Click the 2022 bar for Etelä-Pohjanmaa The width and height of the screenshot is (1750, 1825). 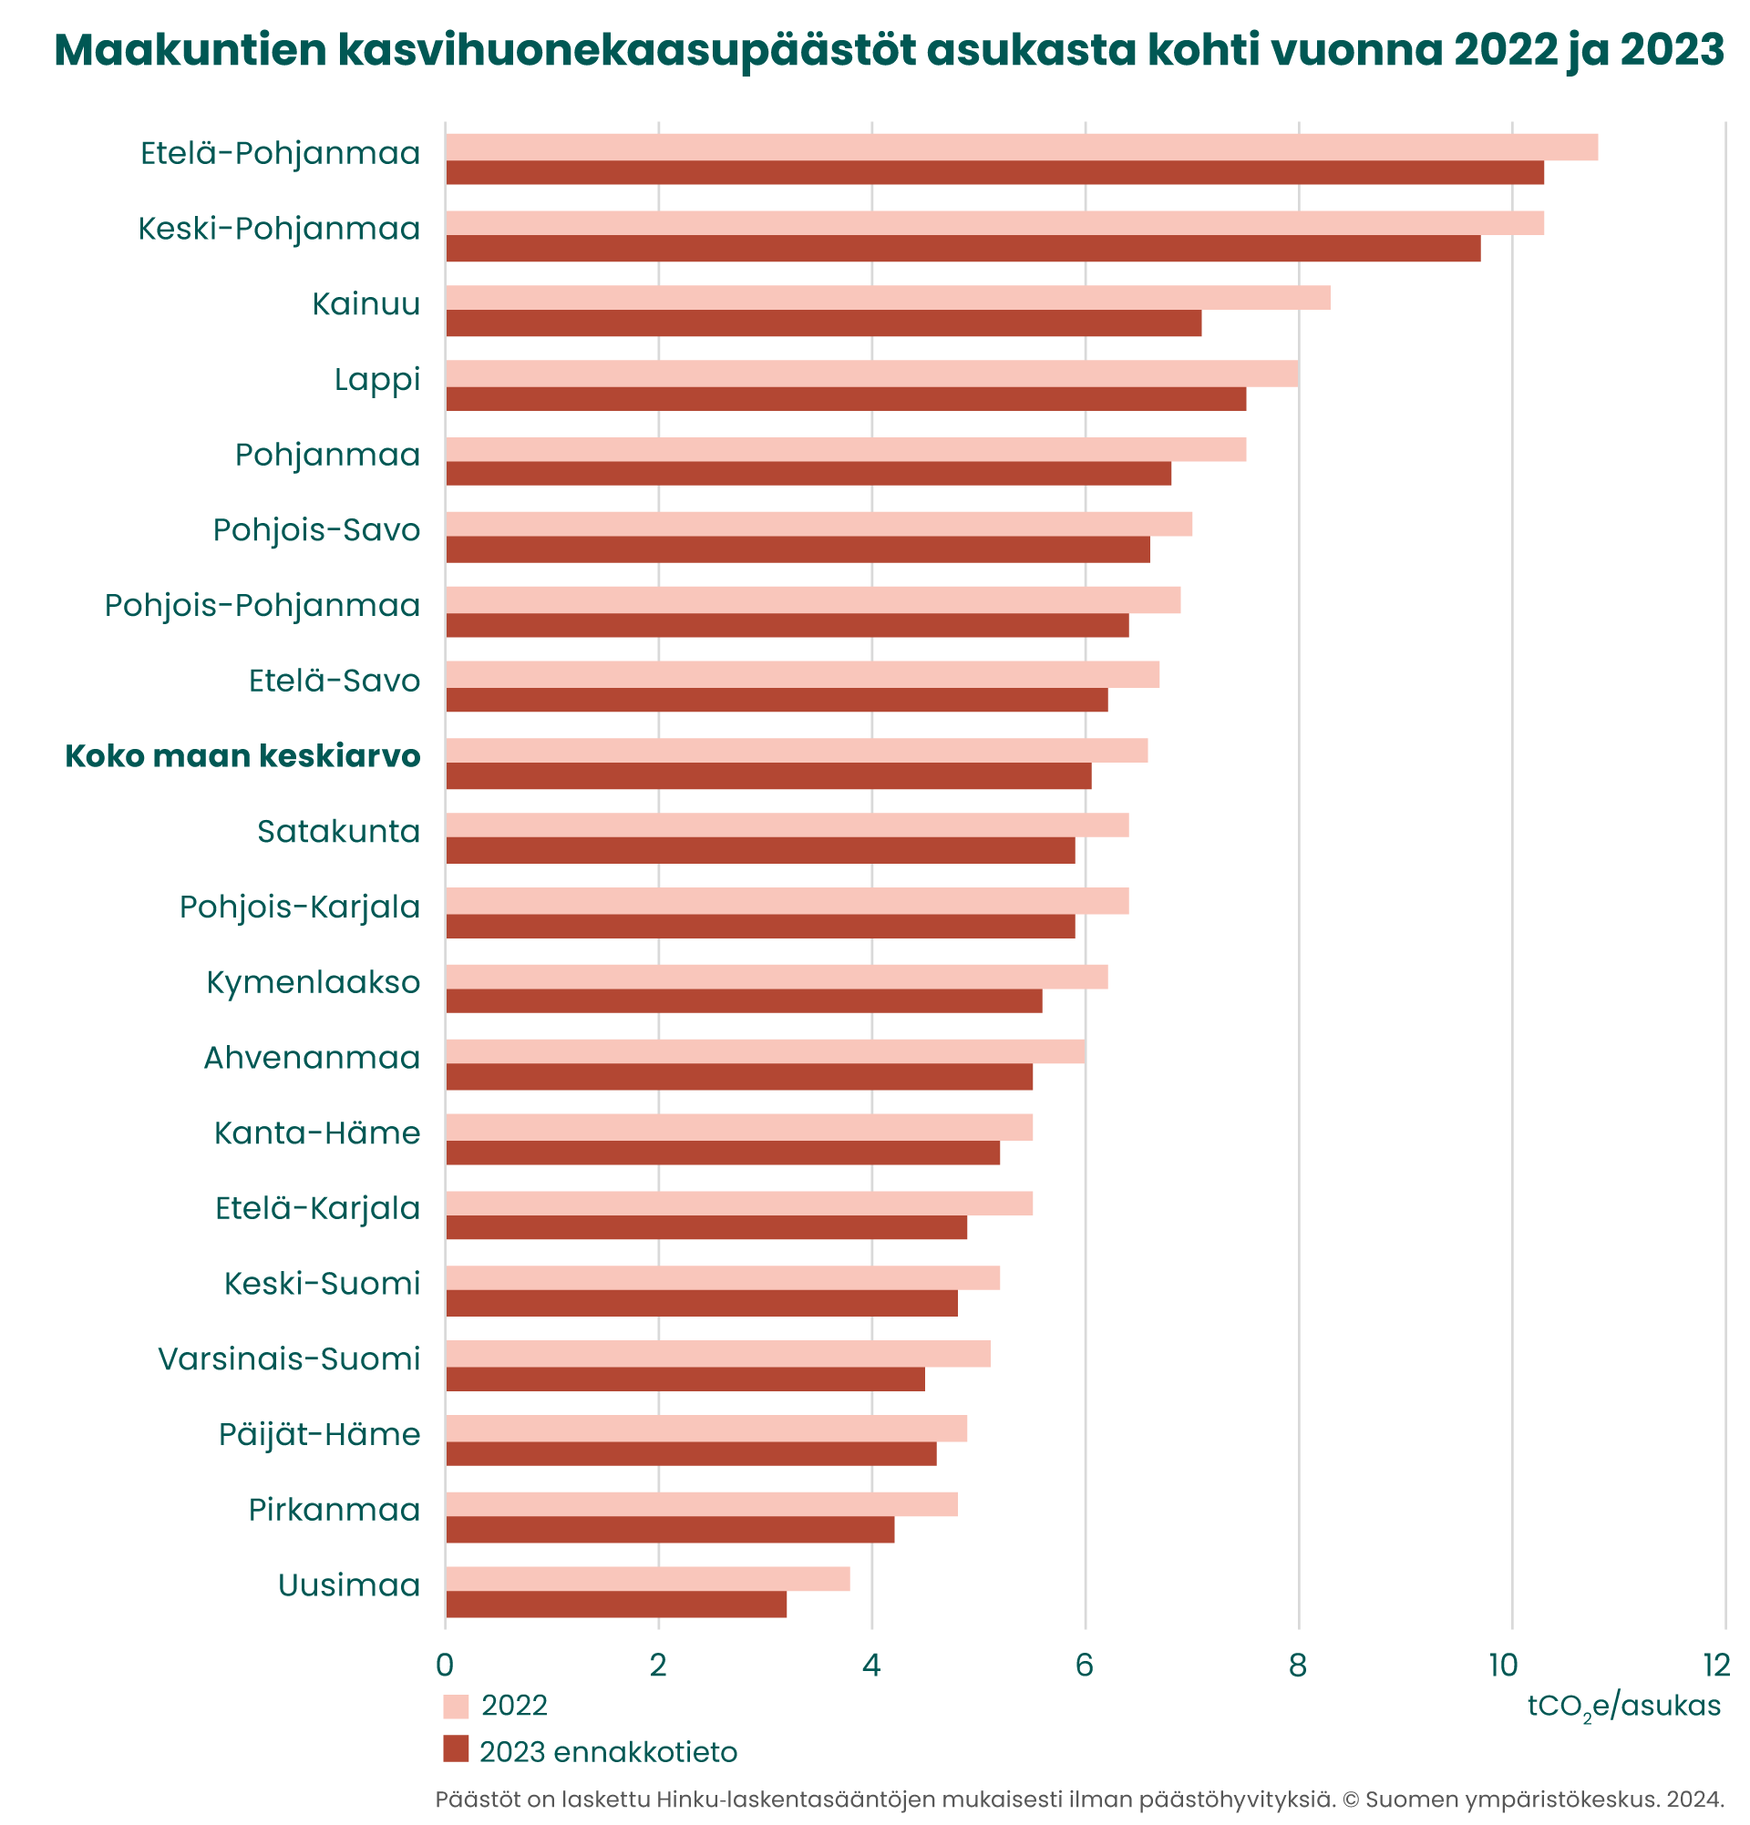click(1020, 147)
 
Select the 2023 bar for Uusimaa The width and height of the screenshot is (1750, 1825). click(615, 1605)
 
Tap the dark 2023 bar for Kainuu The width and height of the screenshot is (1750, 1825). click(823, 323)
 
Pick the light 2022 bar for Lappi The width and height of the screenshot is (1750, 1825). click(870, 374)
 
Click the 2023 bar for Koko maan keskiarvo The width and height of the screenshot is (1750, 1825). click(768, 775)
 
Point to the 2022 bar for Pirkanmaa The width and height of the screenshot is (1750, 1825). click(701, 1503)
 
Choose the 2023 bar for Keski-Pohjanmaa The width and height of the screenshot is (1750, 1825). click(962, 249)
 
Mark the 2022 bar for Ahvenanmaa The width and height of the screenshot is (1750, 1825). click(765, 1051)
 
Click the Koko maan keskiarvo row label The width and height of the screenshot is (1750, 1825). click(243, 755)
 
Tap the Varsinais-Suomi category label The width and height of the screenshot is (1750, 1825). click(290, 1358)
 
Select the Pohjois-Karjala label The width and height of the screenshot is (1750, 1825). click(300, 906)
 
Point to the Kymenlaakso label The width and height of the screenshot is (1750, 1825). click(313, 981)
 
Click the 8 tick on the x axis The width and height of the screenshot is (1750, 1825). click(1297, 1665)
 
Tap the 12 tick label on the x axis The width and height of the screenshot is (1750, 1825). click(1715, 1665)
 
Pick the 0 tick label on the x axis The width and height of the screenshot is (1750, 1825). click(445, 1665)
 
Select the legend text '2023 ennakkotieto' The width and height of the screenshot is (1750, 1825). click(607, 1752)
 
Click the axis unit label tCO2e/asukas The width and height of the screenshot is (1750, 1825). click(1623, 1706)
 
